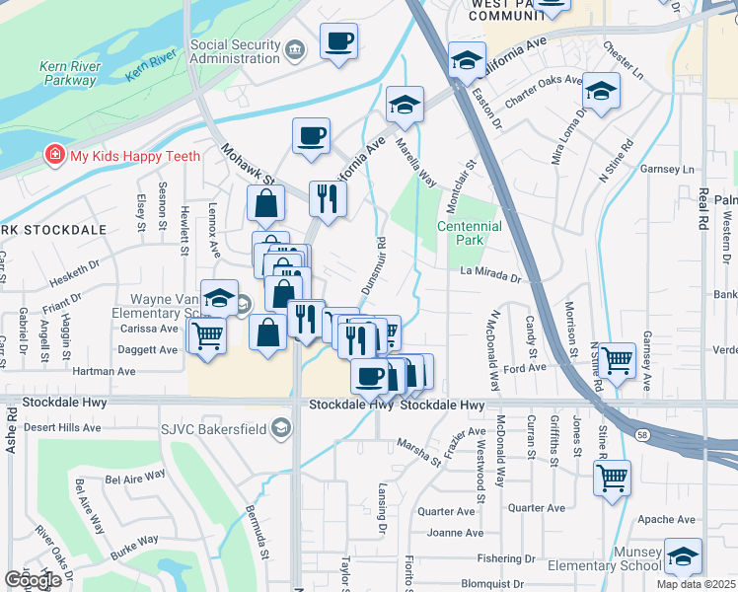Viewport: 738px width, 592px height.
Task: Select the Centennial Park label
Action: pyautogui.click(x=470, y=233)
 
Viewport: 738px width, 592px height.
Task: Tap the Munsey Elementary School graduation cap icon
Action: pyautogui.click(x=683, y=556)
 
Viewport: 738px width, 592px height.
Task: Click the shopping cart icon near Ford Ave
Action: pyautogui.click(x=618, y=359)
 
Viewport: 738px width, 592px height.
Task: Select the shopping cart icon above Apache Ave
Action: pyautogui.click(x=612, y=478)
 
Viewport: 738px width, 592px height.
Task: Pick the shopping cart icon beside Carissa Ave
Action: pyautogui.click(x=207, y=335)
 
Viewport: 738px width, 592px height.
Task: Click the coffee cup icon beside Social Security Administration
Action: pyautogui.click(x=338, y=41)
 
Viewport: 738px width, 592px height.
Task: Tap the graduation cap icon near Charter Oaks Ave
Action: pyautogui.click(x=600, y=92)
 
